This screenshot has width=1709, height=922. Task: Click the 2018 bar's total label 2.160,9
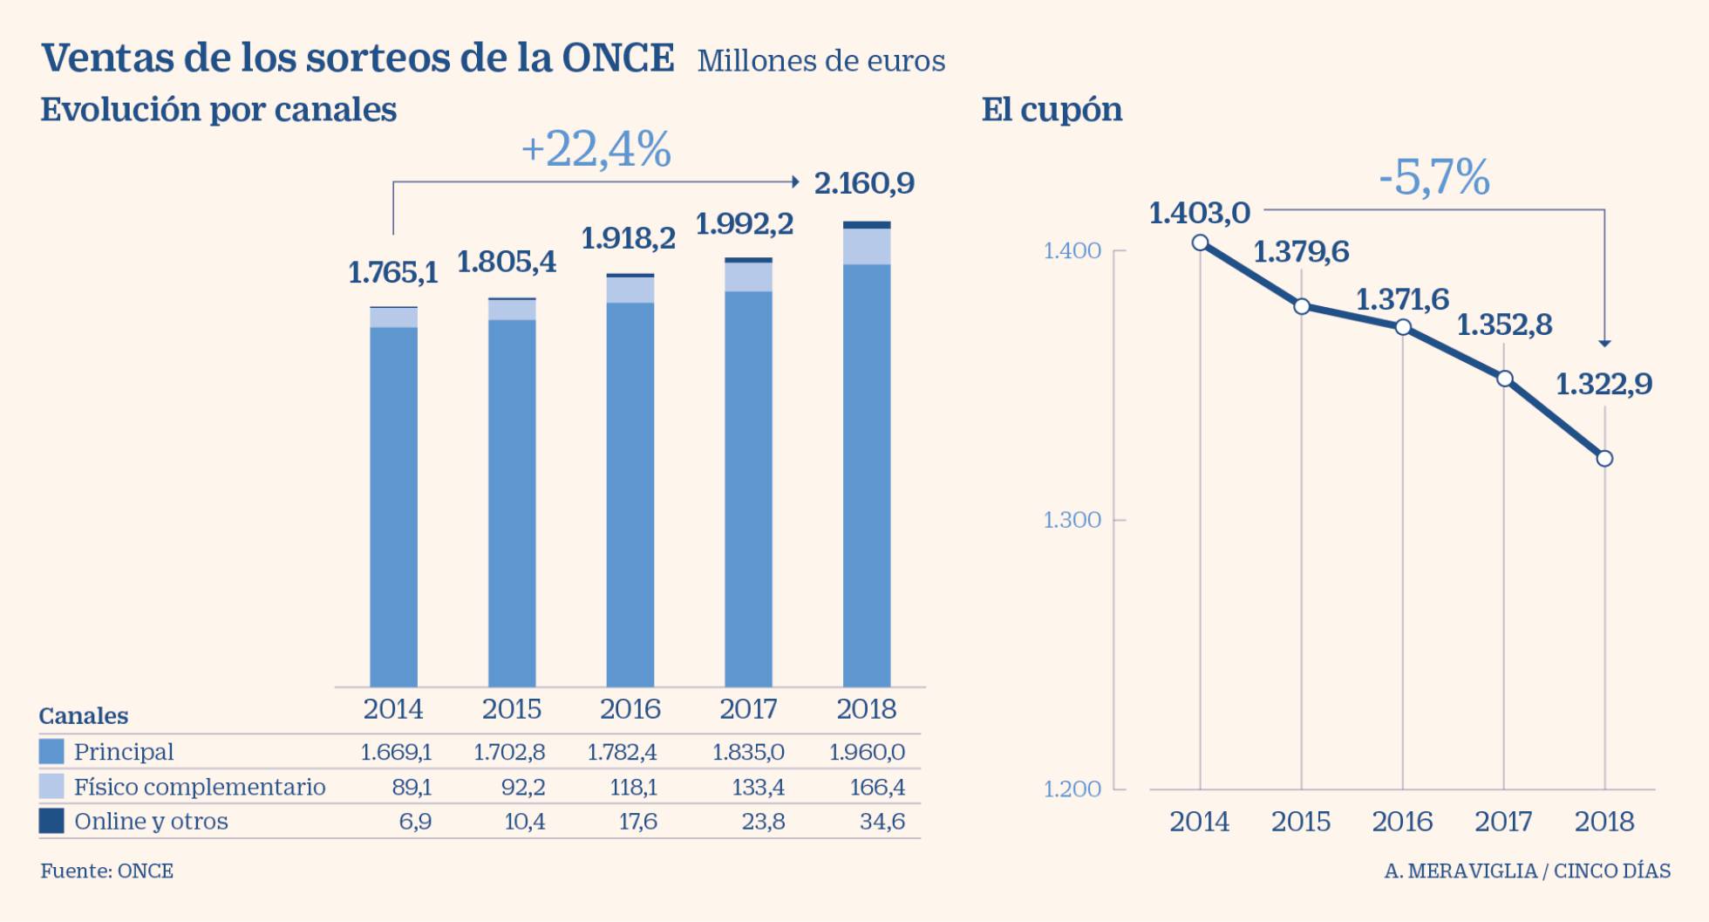pos(864,184)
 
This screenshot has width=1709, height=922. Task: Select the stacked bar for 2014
pos(393,497)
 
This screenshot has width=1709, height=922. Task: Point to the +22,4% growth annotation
pos(596,149)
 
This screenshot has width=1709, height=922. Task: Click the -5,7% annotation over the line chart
pos(1433,178)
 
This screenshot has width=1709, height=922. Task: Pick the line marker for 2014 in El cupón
pos(1201,242)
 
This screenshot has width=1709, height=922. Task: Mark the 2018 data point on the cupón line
pos(1604,459)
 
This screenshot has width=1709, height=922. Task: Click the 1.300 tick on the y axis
pos(1072,521)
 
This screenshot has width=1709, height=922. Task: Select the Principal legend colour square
pos(51,752)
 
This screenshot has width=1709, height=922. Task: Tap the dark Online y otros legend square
pos(51,821)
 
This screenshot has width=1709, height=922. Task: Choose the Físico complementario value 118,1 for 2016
pos(633,788)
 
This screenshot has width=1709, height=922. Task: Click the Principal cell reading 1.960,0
pos(867,752)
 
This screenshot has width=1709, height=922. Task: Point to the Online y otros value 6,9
pos(415,822)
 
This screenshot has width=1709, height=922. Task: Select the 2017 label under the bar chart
pos(748,709)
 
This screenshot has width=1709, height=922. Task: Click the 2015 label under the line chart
pos(1301,822)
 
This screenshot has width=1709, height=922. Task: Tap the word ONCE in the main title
pos(617,58)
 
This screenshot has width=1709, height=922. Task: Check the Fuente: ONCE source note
pos(106,871)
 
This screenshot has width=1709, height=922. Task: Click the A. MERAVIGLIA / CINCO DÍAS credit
pos(1527,871)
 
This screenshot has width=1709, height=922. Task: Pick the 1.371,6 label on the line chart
pos(1402,300)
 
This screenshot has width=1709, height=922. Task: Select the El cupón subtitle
pos(1052,110)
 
